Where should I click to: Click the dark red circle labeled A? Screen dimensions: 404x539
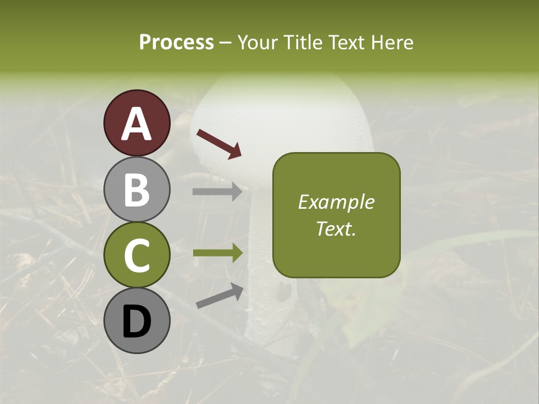pyautogui.click(x=137, y=123)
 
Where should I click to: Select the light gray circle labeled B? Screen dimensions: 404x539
pyautogui.click(x=137, y=189)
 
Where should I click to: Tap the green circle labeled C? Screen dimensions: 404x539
pyautogui.click(x=137, y=255)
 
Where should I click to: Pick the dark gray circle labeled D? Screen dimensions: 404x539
pyautogui.click(x=137, y=320)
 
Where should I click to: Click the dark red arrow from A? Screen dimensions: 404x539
pyautogui.click(x=218, y=143)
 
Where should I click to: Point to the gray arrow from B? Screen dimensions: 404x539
pyautogui.click(x=217, y=192)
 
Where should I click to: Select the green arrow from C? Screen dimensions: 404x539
pyautogui.click(x=217, y=252)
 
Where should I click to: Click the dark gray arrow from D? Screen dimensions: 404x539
pyautogui.click(x=219, y=296)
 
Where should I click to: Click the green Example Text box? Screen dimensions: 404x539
pyautogui.click(x=336, y=215)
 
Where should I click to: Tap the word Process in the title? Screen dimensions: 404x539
pyautogui.click(x=176, y=42)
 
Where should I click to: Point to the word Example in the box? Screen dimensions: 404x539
pyautogui.click(x=336, y=202)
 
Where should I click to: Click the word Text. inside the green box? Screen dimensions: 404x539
pyautogui.click(x=336, y=228)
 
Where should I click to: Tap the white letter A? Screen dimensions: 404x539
pyautogui.click(x=137, y=124)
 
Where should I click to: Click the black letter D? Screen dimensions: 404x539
pyautogui.click(x=137, y=322)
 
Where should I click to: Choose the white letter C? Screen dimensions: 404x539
pyautogui.click(x=137, y=256)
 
